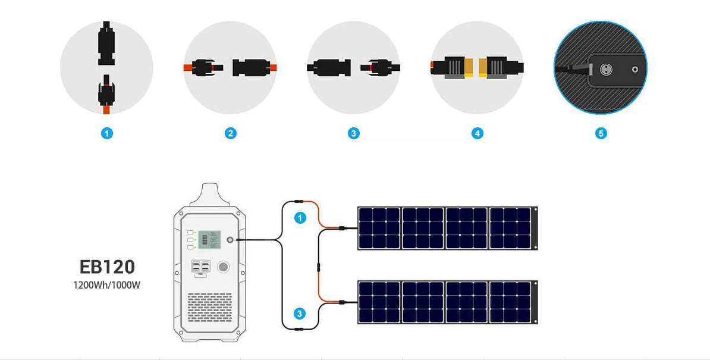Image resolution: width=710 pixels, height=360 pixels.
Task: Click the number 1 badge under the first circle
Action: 107,133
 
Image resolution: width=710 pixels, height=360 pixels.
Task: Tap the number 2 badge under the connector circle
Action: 231,133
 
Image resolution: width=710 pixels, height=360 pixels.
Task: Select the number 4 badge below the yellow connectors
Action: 477,133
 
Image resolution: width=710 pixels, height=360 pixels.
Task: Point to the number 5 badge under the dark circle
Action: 601,133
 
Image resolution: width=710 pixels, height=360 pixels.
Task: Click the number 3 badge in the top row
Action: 354,133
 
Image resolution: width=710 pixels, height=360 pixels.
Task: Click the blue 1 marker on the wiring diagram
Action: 300,218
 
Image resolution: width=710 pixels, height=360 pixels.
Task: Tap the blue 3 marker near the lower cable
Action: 300,314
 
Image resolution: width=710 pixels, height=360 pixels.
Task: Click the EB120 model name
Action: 107,266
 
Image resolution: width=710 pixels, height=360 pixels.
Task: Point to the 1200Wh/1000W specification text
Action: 107,284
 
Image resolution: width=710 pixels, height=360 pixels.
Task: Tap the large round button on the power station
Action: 223,267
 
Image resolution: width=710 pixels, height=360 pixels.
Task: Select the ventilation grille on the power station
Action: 209,307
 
